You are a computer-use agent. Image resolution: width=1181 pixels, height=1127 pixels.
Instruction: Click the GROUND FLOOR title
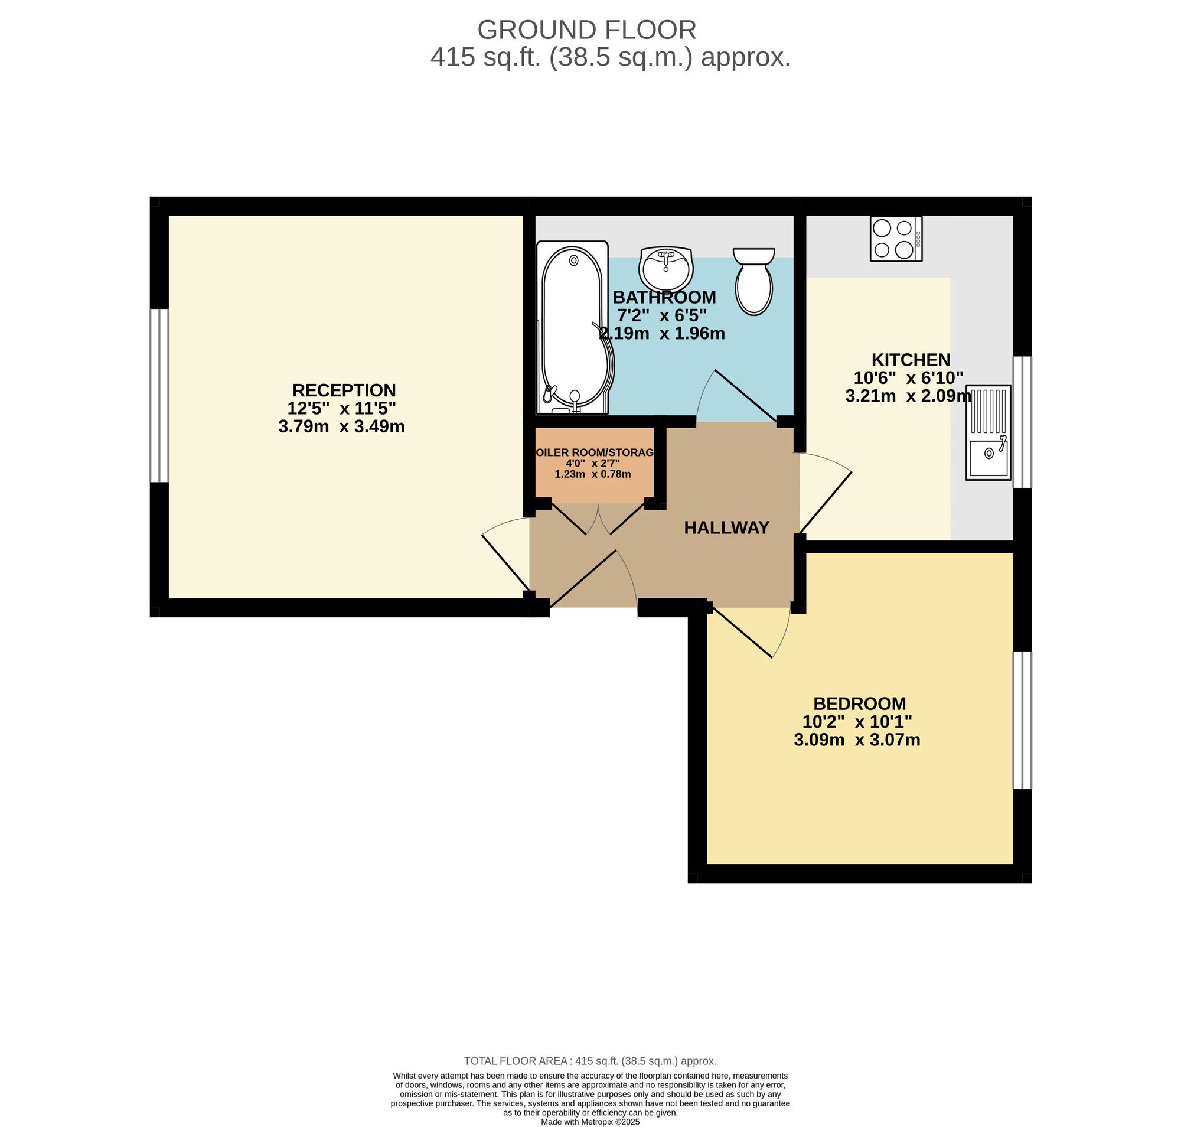586,30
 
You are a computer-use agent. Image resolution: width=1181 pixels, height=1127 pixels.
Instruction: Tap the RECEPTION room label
344,390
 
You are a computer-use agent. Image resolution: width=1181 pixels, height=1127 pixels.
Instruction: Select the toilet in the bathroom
754,281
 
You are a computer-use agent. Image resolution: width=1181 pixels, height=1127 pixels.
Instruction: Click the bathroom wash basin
665,269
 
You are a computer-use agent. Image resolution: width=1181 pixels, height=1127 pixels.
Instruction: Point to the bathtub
575,327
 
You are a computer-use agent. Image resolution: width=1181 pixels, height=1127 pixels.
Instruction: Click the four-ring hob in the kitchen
896,239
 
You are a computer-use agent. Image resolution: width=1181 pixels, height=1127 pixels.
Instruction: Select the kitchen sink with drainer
988,432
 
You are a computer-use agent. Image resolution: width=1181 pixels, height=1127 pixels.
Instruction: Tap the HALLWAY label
726,527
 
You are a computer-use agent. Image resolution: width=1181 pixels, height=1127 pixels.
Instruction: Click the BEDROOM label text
859,703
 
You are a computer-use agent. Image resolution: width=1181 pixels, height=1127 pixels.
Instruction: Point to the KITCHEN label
911,360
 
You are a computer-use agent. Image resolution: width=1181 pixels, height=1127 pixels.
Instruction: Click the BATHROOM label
664,297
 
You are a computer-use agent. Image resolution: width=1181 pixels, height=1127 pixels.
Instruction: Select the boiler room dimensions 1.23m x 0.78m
592,474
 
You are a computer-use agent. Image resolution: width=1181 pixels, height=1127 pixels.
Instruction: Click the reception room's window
159,395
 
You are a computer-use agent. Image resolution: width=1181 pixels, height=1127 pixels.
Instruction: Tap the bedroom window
1022,719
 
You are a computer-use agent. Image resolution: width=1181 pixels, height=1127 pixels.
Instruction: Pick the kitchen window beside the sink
1022,422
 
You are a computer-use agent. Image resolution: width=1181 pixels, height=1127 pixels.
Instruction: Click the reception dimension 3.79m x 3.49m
341,426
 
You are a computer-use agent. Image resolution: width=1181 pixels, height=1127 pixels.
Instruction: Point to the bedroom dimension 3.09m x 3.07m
857,740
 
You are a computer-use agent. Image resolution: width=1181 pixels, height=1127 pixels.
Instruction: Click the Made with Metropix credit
590,1122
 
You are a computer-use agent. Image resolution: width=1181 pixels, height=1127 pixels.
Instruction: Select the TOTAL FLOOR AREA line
590,1061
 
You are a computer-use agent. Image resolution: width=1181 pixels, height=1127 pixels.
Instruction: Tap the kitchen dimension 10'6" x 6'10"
908,378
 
